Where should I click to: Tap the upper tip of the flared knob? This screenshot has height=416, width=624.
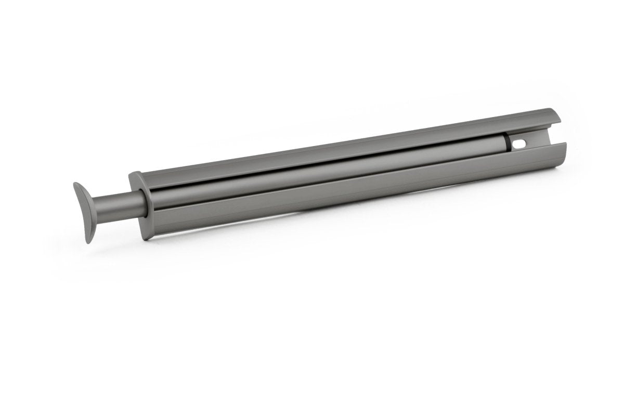coord(76,185)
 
